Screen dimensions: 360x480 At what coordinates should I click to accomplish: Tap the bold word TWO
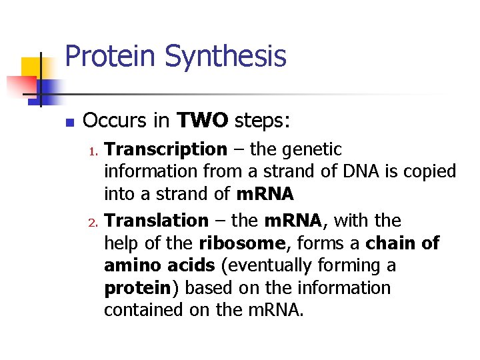(x=203, y=121)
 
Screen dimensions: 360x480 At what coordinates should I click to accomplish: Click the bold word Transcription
(x=165, y=150)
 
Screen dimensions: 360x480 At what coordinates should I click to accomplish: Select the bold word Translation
(x=157, y=221)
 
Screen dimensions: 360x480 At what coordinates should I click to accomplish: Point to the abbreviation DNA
(x=360, y=172)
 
